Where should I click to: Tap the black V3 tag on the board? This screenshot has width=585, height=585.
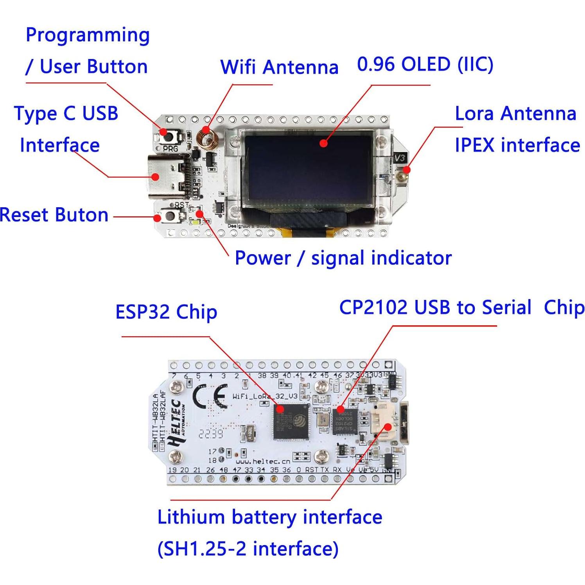tap(400, 158)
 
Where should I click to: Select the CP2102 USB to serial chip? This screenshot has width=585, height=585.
tap(345, 420)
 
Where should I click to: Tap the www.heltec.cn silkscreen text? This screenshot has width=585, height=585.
tap(262, 461)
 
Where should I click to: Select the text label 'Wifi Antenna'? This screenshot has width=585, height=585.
tap(279, 67)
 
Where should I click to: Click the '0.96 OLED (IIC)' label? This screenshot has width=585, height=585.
tap(425, 64)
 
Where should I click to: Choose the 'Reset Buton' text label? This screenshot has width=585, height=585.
tap(54, 215)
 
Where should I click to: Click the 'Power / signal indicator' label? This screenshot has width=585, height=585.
tap(343, 258)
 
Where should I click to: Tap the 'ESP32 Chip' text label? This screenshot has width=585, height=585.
tap(166, 312)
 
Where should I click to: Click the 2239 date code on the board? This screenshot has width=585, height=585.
tap(210, 434)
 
